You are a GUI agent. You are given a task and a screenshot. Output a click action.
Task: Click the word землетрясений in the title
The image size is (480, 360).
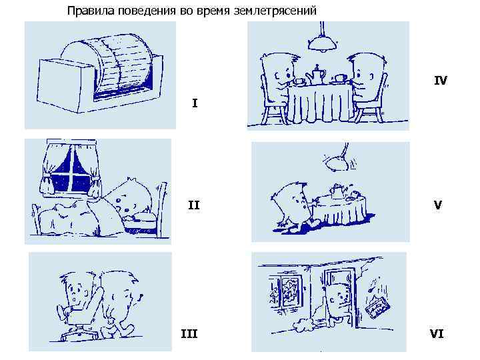click(275, 11)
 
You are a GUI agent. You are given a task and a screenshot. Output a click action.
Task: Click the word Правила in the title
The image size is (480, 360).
click(91, 11)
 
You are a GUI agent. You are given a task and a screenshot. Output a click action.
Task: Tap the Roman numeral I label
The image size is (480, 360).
click(195, 103)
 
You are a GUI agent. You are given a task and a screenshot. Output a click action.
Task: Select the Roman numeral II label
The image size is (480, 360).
click(193, 205)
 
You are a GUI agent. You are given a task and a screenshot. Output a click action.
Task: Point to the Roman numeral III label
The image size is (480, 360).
click(189, 334)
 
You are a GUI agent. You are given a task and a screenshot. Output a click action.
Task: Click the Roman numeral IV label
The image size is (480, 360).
click(441, 81)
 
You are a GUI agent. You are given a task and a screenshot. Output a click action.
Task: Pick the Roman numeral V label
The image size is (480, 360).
click(438, 205)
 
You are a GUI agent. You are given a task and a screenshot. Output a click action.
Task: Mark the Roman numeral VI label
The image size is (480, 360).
click(437, 334)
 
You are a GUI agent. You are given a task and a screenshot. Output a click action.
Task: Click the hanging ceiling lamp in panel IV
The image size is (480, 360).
click(323, 40)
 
